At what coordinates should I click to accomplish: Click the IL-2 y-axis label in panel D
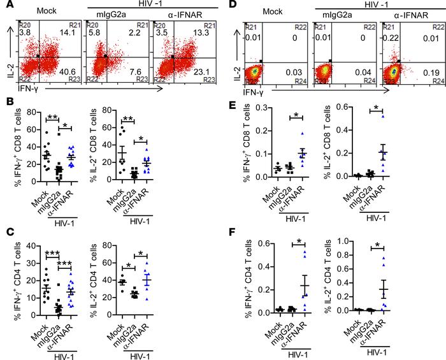pos(238,76)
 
